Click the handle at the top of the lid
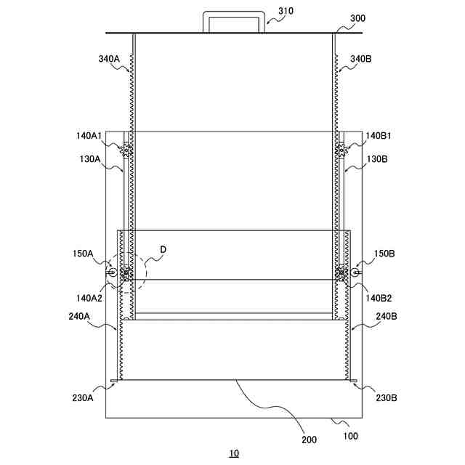point(234,13)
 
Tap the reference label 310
point(286,11)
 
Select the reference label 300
point(357,18)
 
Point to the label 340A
point(109,59)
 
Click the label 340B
point(360,59)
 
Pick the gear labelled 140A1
point(126,150)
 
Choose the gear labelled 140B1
point(341,150)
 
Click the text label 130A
point(90,159)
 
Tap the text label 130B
point(377,159)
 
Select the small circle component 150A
point(113,272)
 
